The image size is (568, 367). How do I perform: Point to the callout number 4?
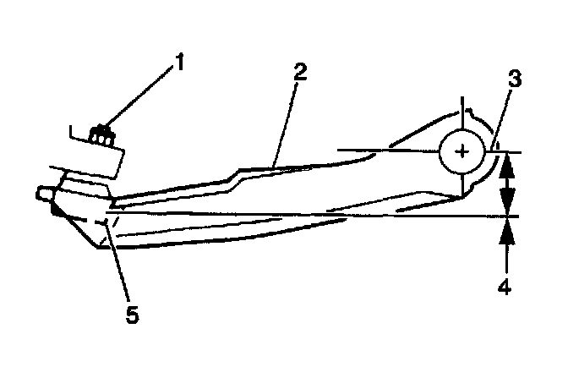point(505,287)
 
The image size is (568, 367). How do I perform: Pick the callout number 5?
point(131,315)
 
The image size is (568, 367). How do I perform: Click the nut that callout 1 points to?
point(102,134)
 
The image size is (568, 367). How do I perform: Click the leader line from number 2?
point(286,119)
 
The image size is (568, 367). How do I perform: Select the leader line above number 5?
point(116,262)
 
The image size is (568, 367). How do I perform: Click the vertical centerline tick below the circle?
point(461,185)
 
